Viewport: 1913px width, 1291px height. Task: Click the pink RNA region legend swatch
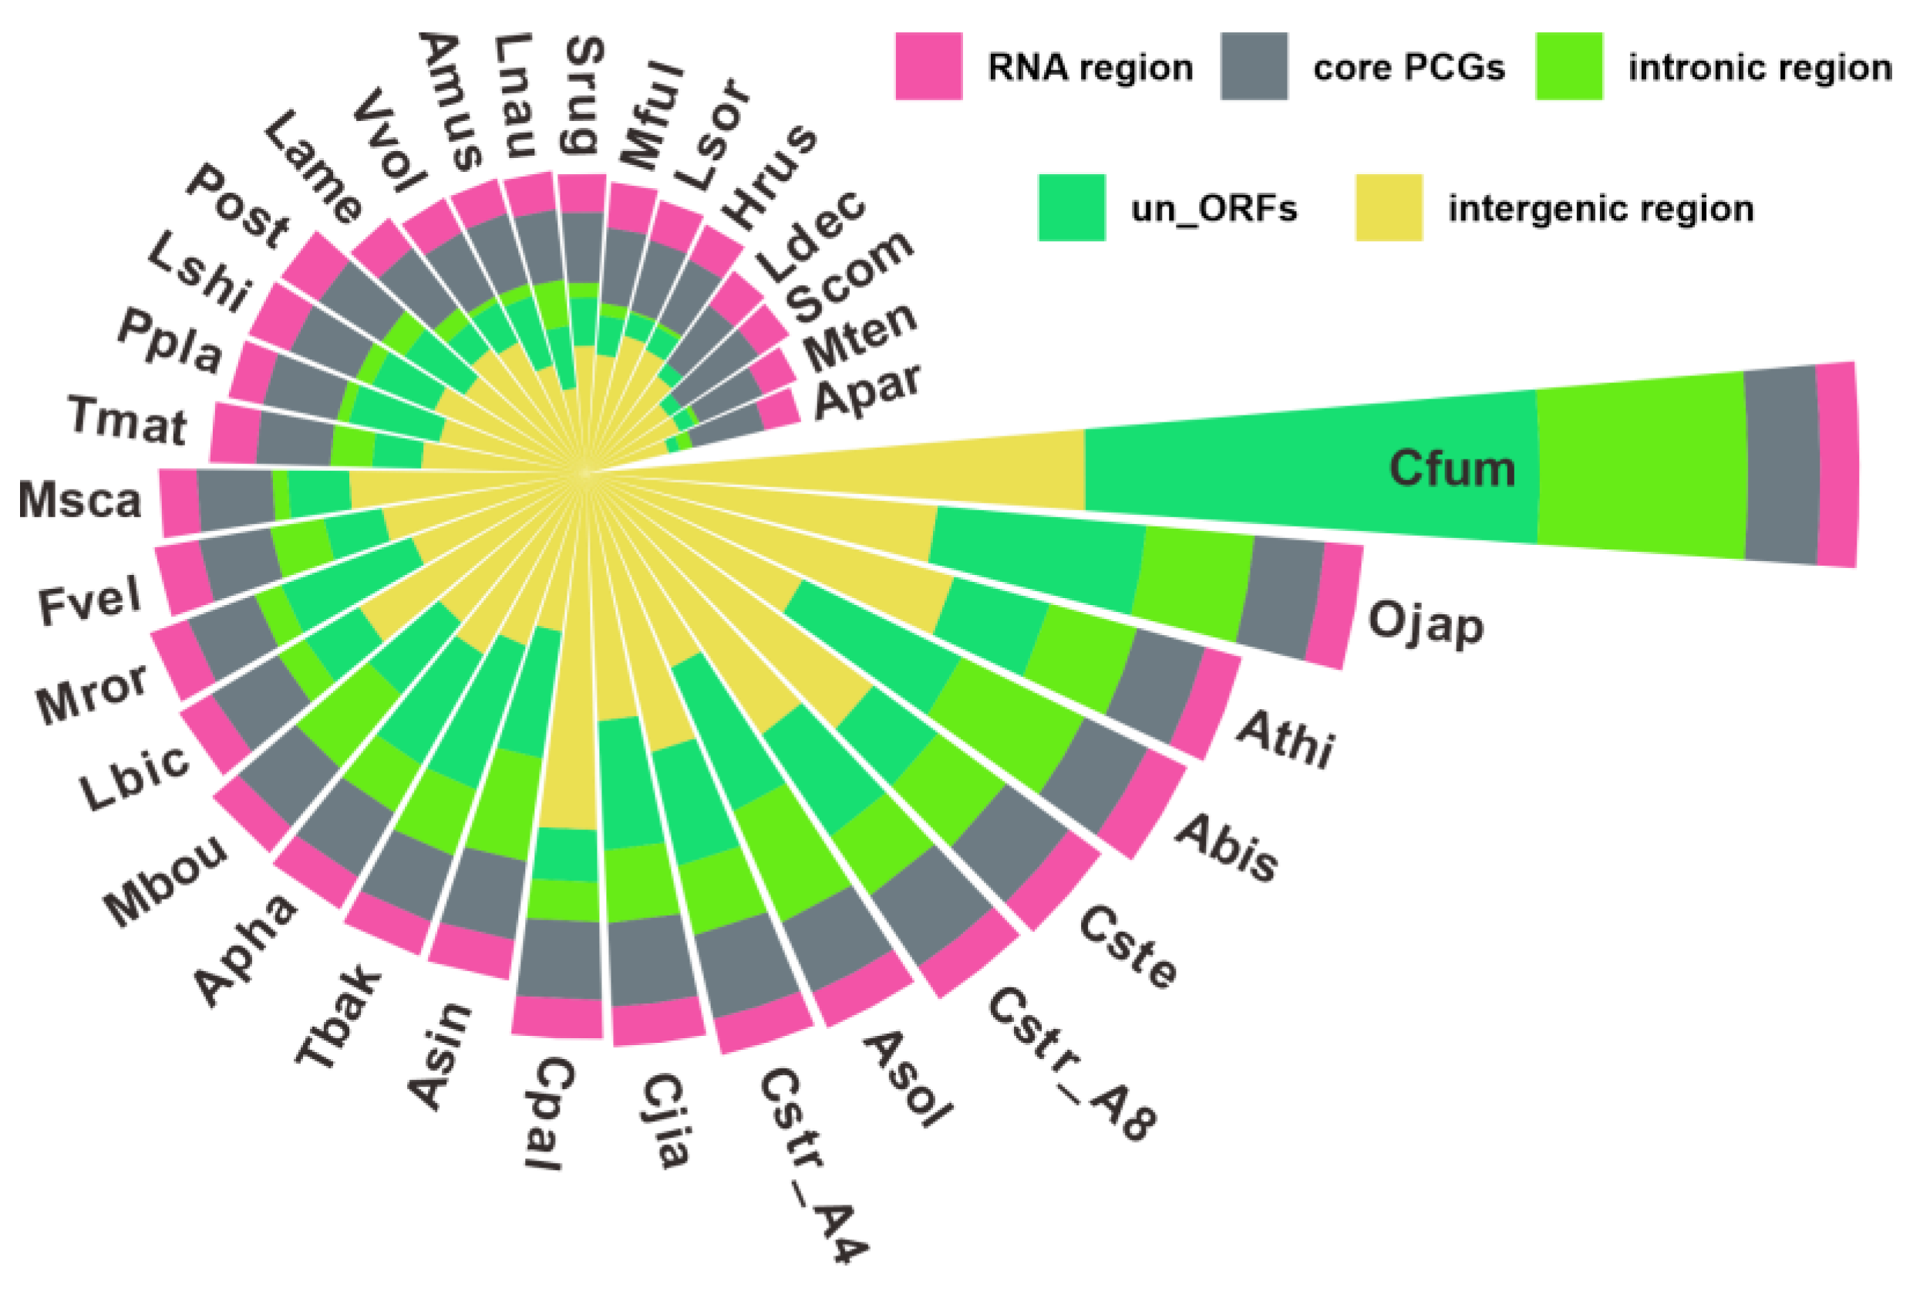coord(928,66)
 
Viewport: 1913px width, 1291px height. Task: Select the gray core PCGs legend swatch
coord(1253,66)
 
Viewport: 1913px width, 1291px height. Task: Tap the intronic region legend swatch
coord(1568,66)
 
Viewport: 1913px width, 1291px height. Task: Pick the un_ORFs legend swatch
coord(1071,207)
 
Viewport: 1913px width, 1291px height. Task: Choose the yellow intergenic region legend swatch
coord(1389,207)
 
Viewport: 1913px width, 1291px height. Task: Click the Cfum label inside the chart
coord(1451,469)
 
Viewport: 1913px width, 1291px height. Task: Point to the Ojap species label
coord(1426,624)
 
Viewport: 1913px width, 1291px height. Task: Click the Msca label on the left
coord(80,500)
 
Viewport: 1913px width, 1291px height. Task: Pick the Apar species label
coord(867,391)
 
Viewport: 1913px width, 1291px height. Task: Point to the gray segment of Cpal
coord(559,958)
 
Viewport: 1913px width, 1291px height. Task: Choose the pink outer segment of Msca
coord(179,502)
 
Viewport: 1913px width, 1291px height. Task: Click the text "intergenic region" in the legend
coord(1600,209)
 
